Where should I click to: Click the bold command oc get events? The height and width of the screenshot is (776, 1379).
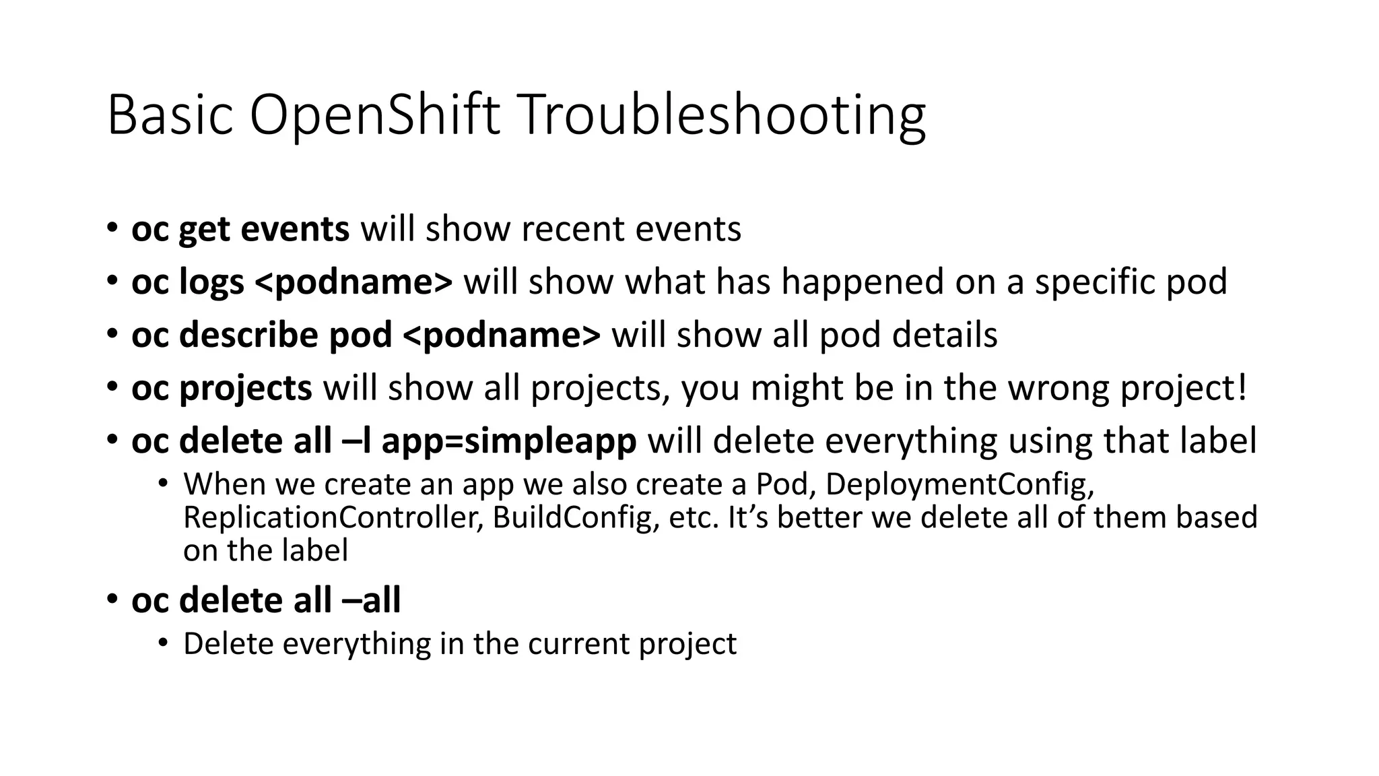click(240, 229)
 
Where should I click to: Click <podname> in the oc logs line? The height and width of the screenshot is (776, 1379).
click(354, 282)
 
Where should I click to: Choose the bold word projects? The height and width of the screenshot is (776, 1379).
click(245, 388)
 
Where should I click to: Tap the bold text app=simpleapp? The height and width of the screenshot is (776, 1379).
click(509, 441)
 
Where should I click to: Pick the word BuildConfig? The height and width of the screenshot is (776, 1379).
click(575, 517)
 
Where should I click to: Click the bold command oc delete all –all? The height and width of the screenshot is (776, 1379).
click(266, 600)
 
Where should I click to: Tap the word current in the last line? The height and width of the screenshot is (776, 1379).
click(578, 643)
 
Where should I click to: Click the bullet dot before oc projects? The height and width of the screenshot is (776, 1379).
click(112, 387)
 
